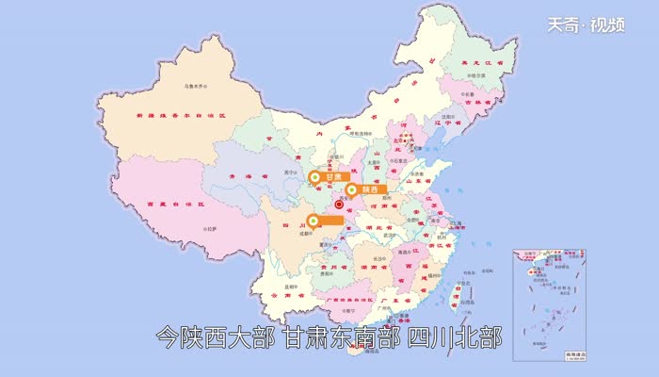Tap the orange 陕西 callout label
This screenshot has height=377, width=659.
(x=362, y=189)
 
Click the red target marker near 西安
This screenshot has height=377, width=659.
(x=340, y=202)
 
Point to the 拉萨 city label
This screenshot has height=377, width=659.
(x=209, y=228)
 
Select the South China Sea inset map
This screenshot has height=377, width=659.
(x=550, y=303)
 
